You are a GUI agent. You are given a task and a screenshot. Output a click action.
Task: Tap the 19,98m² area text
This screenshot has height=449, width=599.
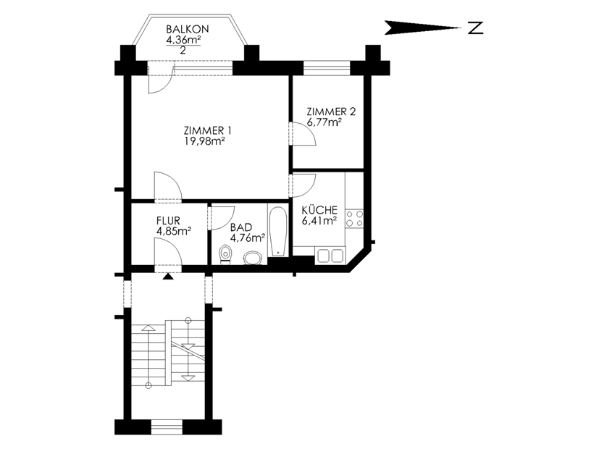[x=204, y=141]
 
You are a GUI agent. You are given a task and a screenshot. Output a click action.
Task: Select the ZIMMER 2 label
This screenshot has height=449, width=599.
[x=331, y=112]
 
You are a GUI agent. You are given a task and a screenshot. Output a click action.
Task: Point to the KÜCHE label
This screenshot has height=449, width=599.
[x=319, y=210]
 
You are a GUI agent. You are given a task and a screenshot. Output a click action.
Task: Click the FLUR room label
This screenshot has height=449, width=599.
[x=168, y=221]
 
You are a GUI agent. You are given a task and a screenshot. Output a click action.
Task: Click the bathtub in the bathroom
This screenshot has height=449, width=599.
[x=277, y=231]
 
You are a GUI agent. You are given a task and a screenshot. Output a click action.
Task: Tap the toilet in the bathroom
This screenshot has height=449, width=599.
[x=226, y=255]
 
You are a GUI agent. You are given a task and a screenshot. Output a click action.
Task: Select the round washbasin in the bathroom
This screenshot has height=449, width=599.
[x=254, y=258]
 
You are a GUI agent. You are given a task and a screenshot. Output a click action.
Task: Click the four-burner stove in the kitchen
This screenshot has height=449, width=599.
[x=354, y=219]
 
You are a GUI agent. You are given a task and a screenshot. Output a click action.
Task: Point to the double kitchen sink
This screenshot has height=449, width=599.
[x=331, y=256]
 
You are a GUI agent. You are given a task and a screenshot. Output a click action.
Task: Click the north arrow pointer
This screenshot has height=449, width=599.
[x=423, y=28]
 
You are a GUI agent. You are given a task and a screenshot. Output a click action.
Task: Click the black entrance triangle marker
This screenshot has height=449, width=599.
[x=168, y=277]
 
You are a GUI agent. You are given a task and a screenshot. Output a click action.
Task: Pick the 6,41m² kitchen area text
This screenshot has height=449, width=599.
[x=319, y=220]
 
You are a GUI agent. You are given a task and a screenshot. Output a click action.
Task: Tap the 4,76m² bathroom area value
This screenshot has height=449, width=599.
[x=248, y=238]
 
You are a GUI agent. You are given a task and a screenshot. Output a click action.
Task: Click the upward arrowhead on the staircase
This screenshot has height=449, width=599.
[x=148, y=327]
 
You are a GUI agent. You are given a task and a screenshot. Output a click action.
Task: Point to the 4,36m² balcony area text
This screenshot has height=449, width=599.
[x=183, y=39]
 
